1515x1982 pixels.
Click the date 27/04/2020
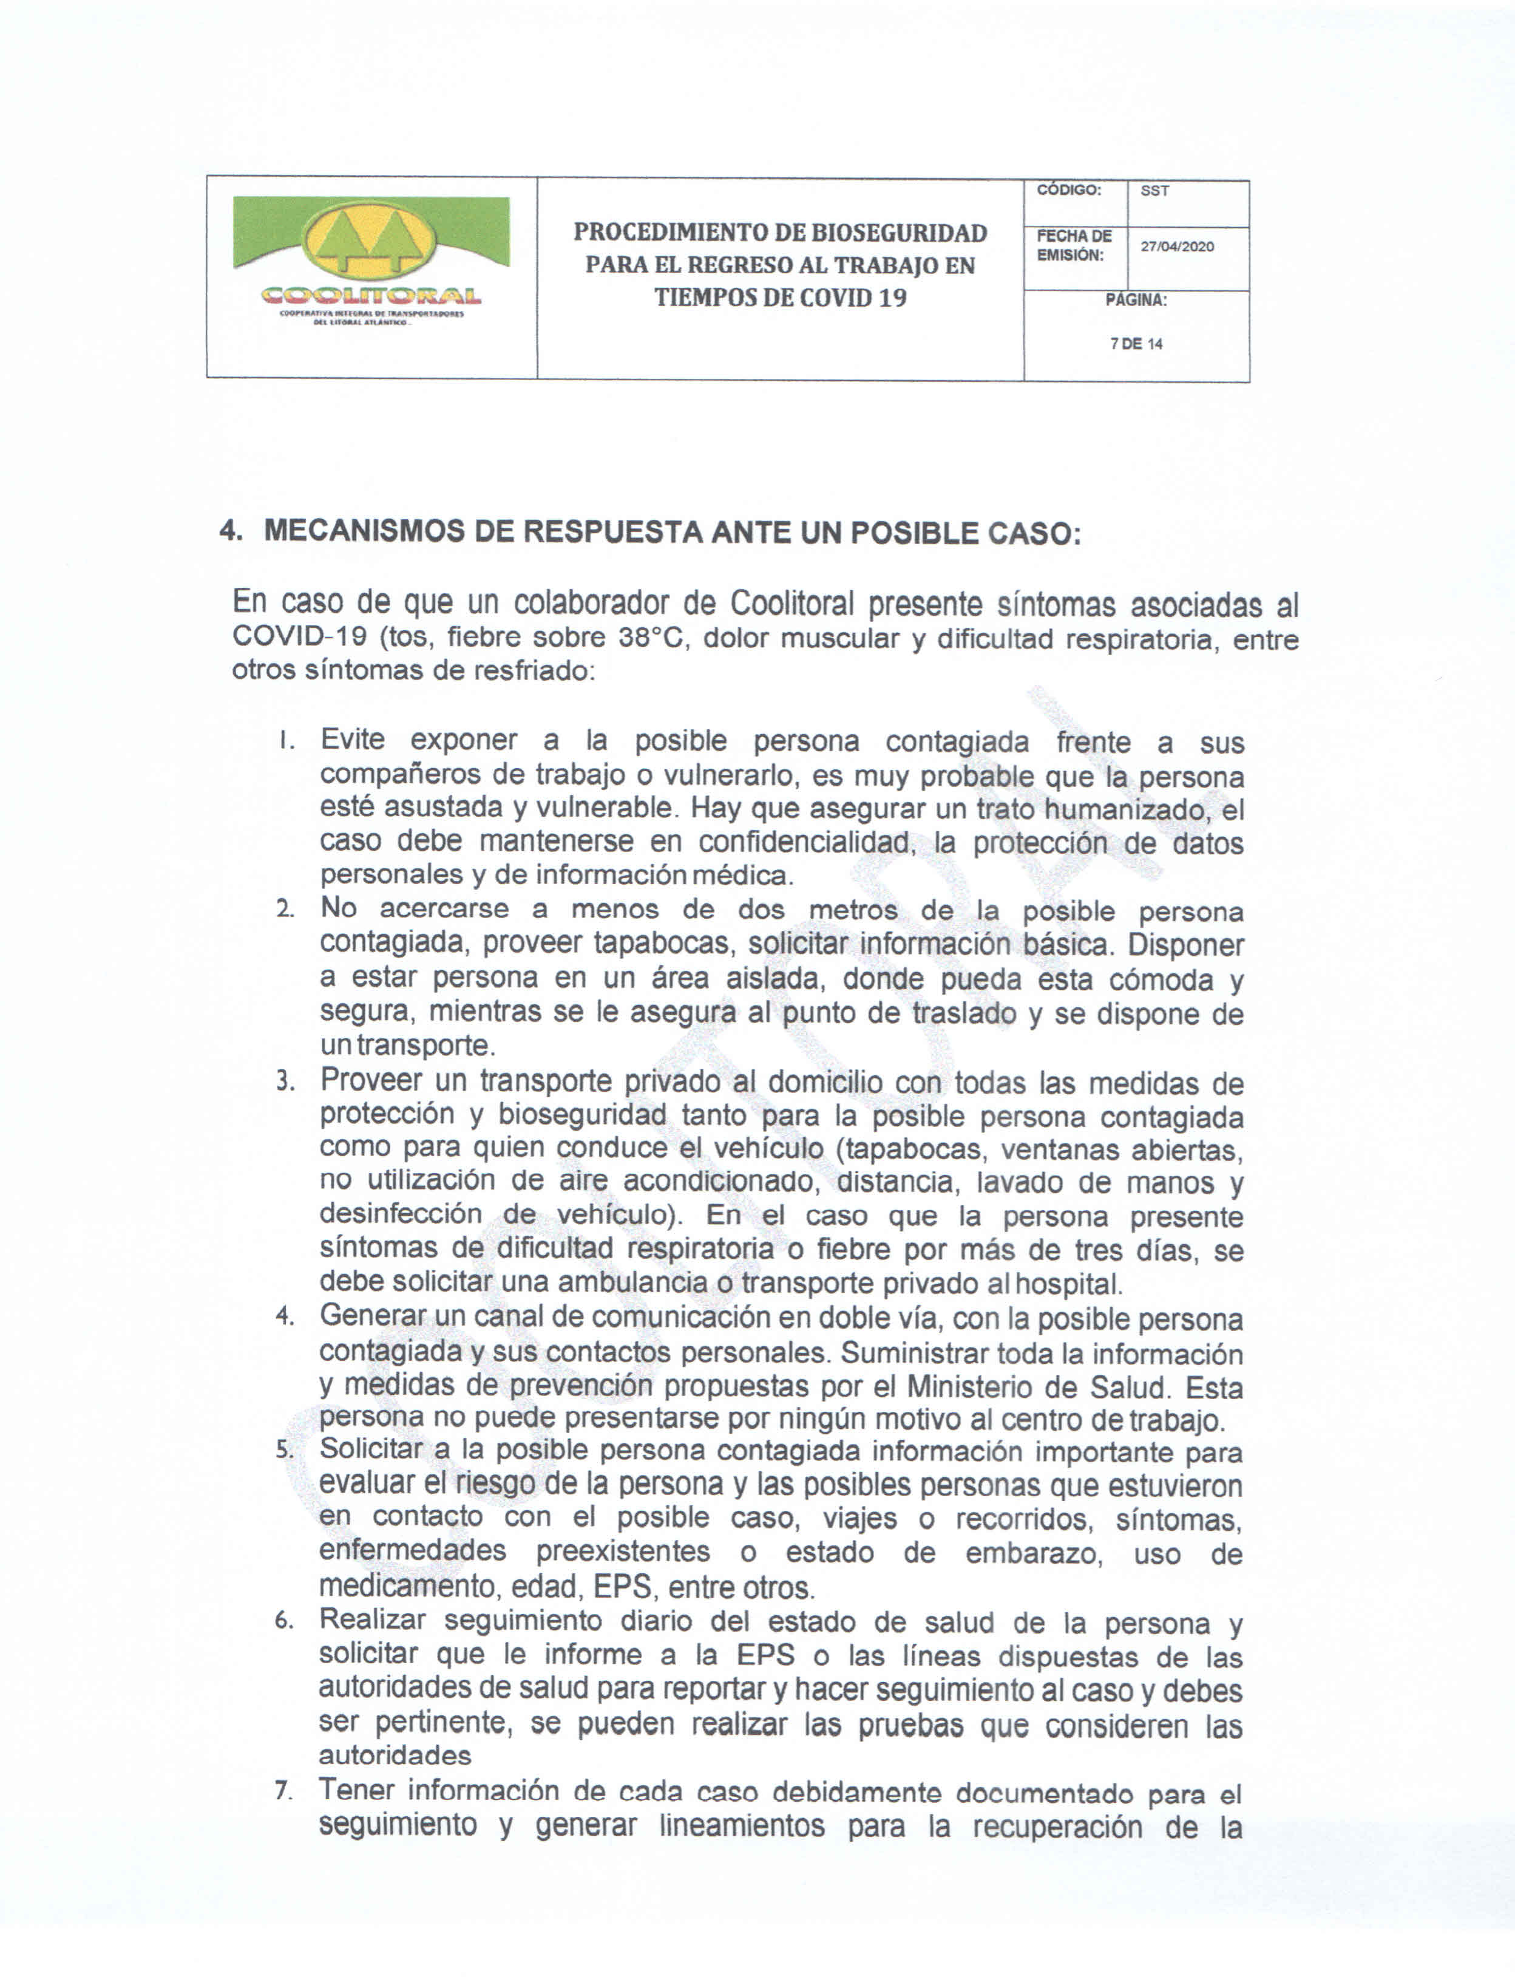click(1177, 247)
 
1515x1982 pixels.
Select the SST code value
click(1154, 191)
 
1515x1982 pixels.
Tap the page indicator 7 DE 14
click(1136, 344)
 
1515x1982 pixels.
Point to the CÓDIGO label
click(1069, 190)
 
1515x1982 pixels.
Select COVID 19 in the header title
click(853, 298)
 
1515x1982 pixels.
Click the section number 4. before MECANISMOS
click(231, 531)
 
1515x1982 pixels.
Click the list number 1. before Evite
click(286, 741)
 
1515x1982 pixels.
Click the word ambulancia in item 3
click(632, 1282)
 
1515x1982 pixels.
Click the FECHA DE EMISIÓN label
click(1073, 245)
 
